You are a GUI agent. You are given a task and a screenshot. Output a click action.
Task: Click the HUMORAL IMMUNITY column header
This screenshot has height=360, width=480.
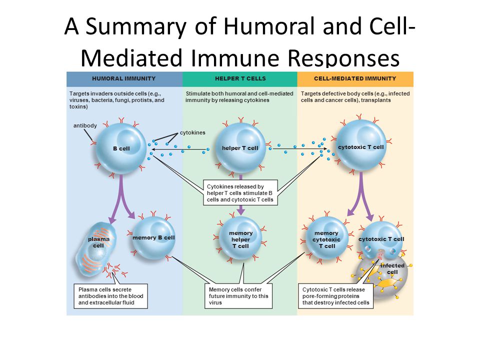click(x=123, y=78)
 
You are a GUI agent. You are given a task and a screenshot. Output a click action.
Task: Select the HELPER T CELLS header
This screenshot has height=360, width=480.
click(x=240, y=78)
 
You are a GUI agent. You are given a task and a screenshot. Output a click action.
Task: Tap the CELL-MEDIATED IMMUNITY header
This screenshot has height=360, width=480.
click(x=355, y=78)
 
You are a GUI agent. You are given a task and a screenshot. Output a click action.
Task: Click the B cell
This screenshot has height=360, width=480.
click(x=121, y=148)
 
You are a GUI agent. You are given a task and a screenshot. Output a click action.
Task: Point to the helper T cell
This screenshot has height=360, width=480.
click(x=240, y=148)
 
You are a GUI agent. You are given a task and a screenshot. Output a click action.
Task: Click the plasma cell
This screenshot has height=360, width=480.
click(x=95, y=250)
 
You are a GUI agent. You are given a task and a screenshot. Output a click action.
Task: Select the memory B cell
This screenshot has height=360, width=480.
click(x=153, y=237)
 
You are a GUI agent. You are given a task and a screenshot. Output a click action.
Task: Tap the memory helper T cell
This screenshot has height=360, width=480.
click(x=240, y=239)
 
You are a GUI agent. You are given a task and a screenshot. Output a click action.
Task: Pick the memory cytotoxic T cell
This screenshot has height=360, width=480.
click(x=327, y=239)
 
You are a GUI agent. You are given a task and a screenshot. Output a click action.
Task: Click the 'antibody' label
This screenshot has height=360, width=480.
click(x=85, y=125)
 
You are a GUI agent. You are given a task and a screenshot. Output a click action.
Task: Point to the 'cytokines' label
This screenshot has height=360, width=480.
click(x=192, y=132)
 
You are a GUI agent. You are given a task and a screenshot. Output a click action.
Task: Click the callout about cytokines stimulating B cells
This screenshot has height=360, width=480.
click(x=240, y=193)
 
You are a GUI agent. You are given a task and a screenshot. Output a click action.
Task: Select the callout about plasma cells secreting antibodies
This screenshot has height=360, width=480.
click(x=111, y=296)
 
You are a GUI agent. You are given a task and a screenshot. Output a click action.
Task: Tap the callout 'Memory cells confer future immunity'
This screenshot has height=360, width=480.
click(x=238, y=296)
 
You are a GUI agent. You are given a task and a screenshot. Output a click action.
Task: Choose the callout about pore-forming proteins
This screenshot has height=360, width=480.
click(x=336, y=296)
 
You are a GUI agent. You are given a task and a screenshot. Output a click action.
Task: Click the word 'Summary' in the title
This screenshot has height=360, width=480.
click(x=136, y=27)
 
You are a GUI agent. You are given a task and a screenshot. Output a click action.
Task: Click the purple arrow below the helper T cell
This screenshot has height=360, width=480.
click(x=241, y=194)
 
